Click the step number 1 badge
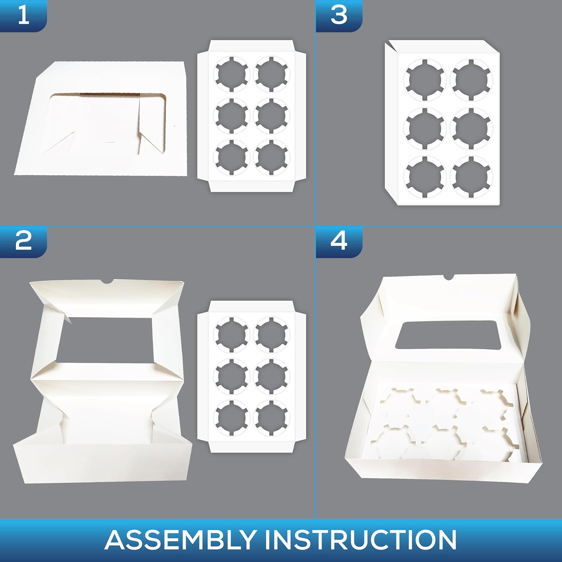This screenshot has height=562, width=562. (x=23, y=16)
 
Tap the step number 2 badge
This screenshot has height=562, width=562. (x=23, y=242)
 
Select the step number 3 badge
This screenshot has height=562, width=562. (x=339, y=16)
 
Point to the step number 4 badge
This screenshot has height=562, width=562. (x=339, y=242)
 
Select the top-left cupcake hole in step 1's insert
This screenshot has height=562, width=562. (x=231, y=74)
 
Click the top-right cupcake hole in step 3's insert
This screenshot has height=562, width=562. (x=472, y=80)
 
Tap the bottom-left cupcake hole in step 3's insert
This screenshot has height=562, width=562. (x=424, y=176)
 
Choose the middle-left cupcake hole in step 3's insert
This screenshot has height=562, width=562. (x=424, y=128)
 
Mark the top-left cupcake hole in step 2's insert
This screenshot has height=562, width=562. (x=231, y=334)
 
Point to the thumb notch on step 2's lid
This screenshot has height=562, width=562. (x=107, y=281)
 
